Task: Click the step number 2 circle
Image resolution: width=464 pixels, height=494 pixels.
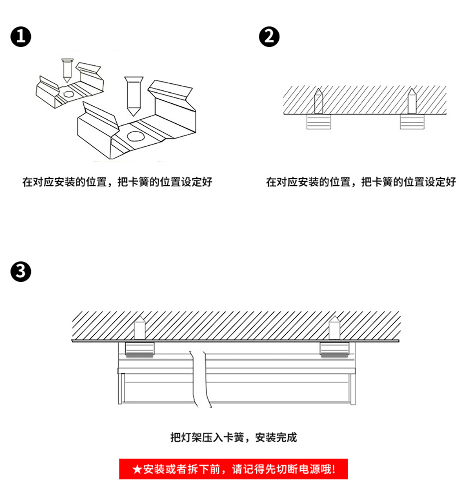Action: click(x=269, y=37)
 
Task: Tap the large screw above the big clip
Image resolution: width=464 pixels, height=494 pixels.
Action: click(x=134, y=95)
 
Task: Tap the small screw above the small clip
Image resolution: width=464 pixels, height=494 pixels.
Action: click(x=66, y=70)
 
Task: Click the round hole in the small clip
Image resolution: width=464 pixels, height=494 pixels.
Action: click(x=67, y=94)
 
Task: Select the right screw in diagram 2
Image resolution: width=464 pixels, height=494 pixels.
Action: click(x=412, y=102)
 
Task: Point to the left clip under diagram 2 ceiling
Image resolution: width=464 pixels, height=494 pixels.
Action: click(x=318, y=122)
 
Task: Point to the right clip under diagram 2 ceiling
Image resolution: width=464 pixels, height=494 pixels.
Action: click(x=412, y=122)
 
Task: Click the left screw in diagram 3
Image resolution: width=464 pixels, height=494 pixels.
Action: click(x=140, y=327)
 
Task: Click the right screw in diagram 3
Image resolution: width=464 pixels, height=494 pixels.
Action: click(x=334, y=327)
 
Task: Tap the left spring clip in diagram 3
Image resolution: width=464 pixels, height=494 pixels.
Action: click(x=140, y=350)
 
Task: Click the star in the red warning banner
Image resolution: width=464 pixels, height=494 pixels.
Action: click(x=137, y=470)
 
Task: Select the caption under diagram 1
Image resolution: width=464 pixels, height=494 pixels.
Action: click(x=117, y=182)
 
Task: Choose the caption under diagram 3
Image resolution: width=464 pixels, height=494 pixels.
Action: click(x=233, y=438)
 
